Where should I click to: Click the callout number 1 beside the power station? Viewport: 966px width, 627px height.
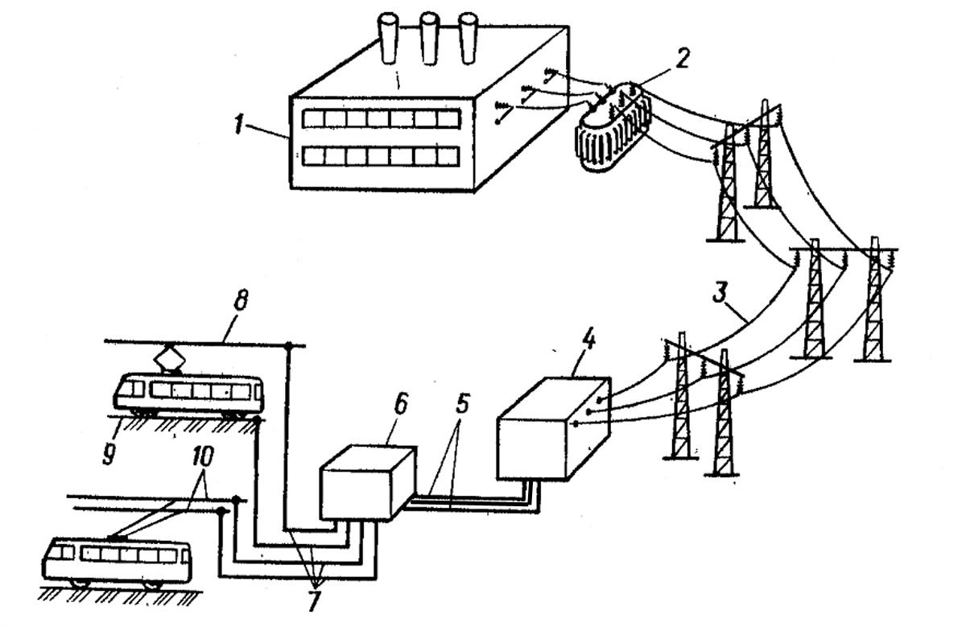(x=237, y=122)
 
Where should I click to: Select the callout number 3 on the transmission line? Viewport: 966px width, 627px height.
(x=720, y=292)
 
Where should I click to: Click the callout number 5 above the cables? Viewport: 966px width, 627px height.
(x=461, y=404)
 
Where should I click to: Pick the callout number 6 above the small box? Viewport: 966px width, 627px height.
(x=400, y=404)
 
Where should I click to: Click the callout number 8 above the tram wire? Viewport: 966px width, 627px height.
(x=241, y=299)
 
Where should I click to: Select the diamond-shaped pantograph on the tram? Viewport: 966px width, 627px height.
(x=170, y=359)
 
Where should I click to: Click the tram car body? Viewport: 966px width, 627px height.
(x=188, y=394)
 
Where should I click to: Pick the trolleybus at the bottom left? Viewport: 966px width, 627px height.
(x=117, y=559)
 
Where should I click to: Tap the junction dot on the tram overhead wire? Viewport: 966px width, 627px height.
(x=288, y=345)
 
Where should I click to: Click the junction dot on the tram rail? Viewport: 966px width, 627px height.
(x=258, y=419)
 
